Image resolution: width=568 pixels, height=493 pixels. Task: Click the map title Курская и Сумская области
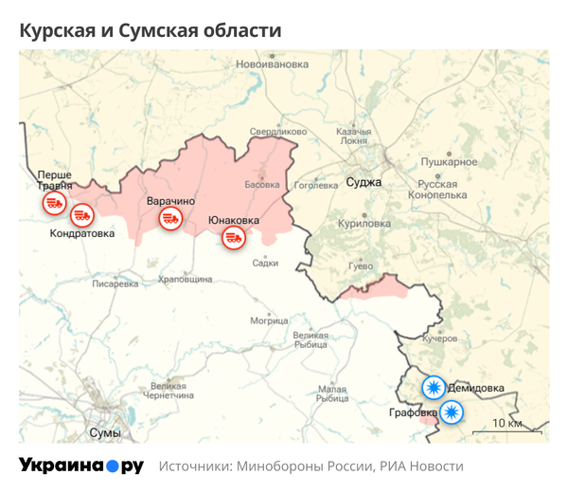pyautogui.click(x=151, y=30)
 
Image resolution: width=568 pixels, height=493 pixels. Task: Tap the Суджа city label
pyautogui.click(x=363, y=181)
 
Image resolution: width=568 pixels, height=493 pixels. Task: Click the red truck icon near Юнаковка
pyautogui.click(x=234, y=238)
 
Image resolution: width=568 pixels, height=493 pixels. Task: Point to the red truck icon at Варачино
pyautogui.click(x=170, y=219)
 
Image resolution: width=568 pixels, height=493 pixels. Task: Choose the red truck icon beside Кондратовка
pyautogui.click(x=82, y=215)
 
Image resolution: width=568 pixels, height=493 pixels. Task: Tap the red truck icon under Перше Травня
pyautogui.click(x=52, y=202)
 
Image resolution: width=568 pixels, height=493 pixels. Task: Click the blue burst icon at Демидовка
pyautogui.click(x=434, y=387)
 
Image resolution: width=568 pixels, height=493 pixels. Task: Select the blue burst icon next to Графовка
pyautogui.click(x=453, y=411)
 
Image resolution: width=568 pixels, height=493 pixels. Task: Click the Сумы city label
pyautogui.click(x=104, y=432)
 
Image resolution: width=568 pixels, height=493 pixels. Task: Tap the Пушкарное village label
pyautogui.click(x=449, y=162)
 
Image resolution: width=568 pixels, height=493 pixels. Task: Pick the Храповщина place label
pyautogui.click(x=185, y=280)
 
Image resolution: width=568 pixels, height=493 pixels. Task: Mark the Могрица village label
pyautogui.click(x=269, y=320)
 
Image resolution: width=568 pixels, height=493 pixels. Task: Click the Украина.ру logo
pyautogui.click(x=81, y=466)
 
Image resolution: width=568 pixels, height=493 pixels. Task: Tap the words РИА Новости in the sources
pyautogui.click(x=421, y=466)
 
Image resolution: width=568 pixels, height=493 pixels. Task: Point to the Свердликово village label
pyautogui.click(x=278, y=131)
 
